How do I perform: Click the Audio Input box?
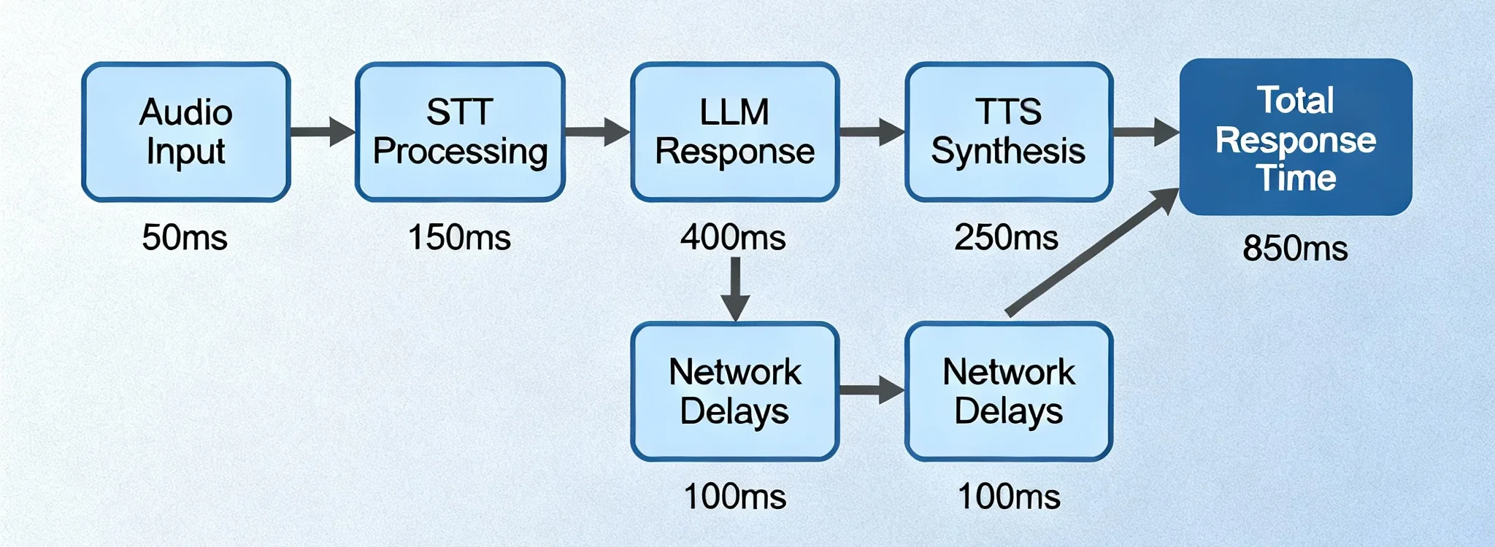click(x=186, y=132)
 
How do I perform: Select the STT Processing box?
click(x=460, y=132)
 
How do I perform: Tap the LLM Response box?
click(x=734, y=132)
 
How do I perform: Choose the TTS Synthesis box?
click(x=1009, y=132)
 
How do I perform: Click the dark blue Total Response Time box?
click(x=1296, y=137)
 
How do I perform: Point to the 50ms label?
click(x=185, y=238)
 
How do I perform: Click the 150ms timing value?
click(x=459, y=238)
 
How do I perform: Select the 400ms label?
click(x=733, y=238)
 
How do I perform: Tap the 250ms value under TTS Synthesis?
click(x=1006, y=238)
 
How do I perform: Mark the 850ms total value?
click(x=1295, y=249)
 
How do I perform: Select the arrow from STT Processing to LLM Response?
click(x=597, y=132)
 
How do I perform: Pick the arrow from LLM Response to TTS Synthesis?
click(x=872, y=132)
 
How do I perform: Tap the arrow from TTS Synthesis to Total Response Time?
click(x=1145, y=132)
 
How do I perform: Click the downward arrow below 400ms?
click(x=735, y=289)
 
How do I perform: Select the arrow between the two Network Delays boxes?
click(x=872, y=390)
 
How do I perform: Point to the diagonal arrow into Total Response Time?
click(x=1092, y=252)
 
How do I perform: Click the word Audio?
click(x=186, y=112)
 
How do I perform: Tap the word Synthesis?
click(x=1008, y=152)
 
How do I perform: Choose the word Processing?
click(x=460, y=152)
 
